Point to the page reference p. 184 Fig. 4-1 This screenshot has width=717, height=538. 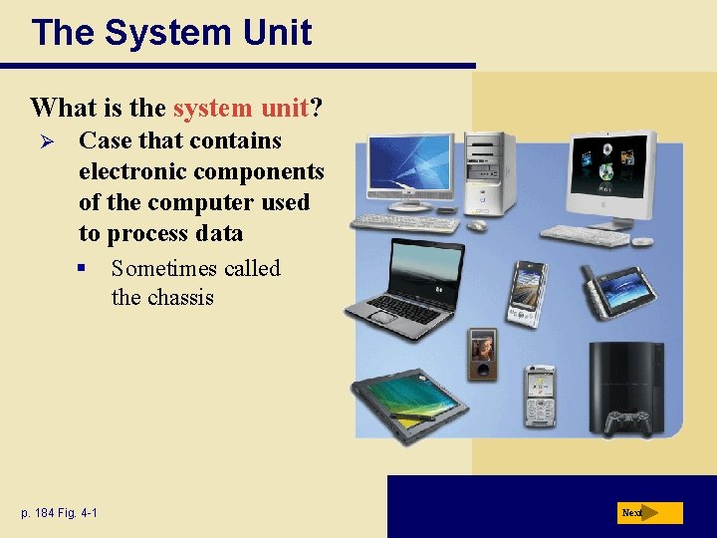coord(59,513)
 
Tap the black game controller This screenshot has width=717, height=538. coord(629,421)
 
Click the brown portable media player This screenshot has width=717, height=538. coord(483,354)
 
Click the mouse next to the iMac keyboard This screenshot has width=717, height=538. coord(642,240)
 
